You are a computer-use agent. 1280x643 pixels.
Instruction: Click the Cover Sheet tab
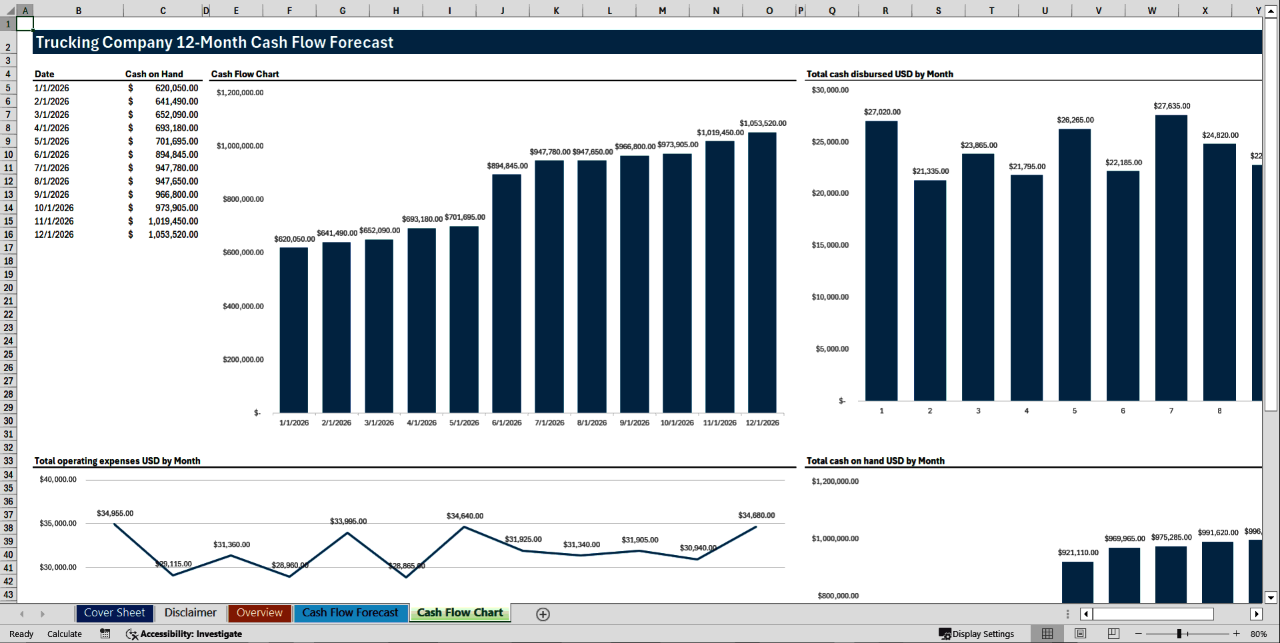[114, 613]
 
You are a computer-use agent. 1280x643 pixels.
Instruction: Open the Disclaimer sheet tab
[190, 613]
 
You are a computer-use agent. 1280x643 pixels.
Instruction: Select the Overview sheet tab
[259, 613]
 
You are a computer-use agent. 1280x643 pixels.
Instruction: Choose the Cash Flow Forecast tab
[350, 613]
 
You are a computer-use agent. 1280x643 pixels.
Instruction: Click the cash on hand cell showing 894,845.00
[176, 155]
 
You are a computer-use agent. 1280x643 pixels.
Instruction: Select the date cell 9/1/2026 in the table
[52, 195]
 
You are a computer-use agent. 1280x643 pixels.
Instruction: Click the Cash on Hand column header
[154, 74]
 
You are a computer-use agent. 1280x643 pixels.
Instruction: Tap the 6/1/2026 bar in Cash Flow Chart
[507, 293]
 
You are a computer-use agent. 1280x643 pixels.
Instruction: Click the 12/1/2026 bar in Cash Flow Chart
[762, 273]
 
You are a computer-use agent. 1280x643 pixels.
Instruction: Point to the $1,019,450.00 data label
[720, 133]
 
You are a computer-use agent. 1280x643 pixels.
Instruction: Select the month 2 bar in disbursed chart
[930, 290]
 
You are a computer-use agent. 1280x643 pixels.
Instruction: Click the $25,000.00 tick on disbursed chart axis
[830, 142]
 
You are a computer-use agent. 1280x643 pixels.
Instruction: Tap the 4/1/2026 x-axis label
[421, 423]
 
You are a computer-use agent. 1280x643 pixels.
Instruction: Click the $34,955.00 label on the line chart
[115, 514]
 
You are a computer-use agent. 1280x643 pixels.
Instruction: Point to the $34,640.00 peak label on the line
[465, 516]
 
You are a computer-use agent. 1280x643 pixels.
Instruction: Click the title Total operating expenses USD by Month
[117, 461]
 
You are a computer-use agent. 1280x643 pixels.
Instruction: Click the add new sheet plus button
[543, 614]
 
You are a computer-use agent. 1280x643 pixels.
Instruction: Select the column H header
[396, 11]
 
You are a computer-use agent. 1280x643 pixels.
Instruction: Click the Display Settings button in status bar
[977, 634]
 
